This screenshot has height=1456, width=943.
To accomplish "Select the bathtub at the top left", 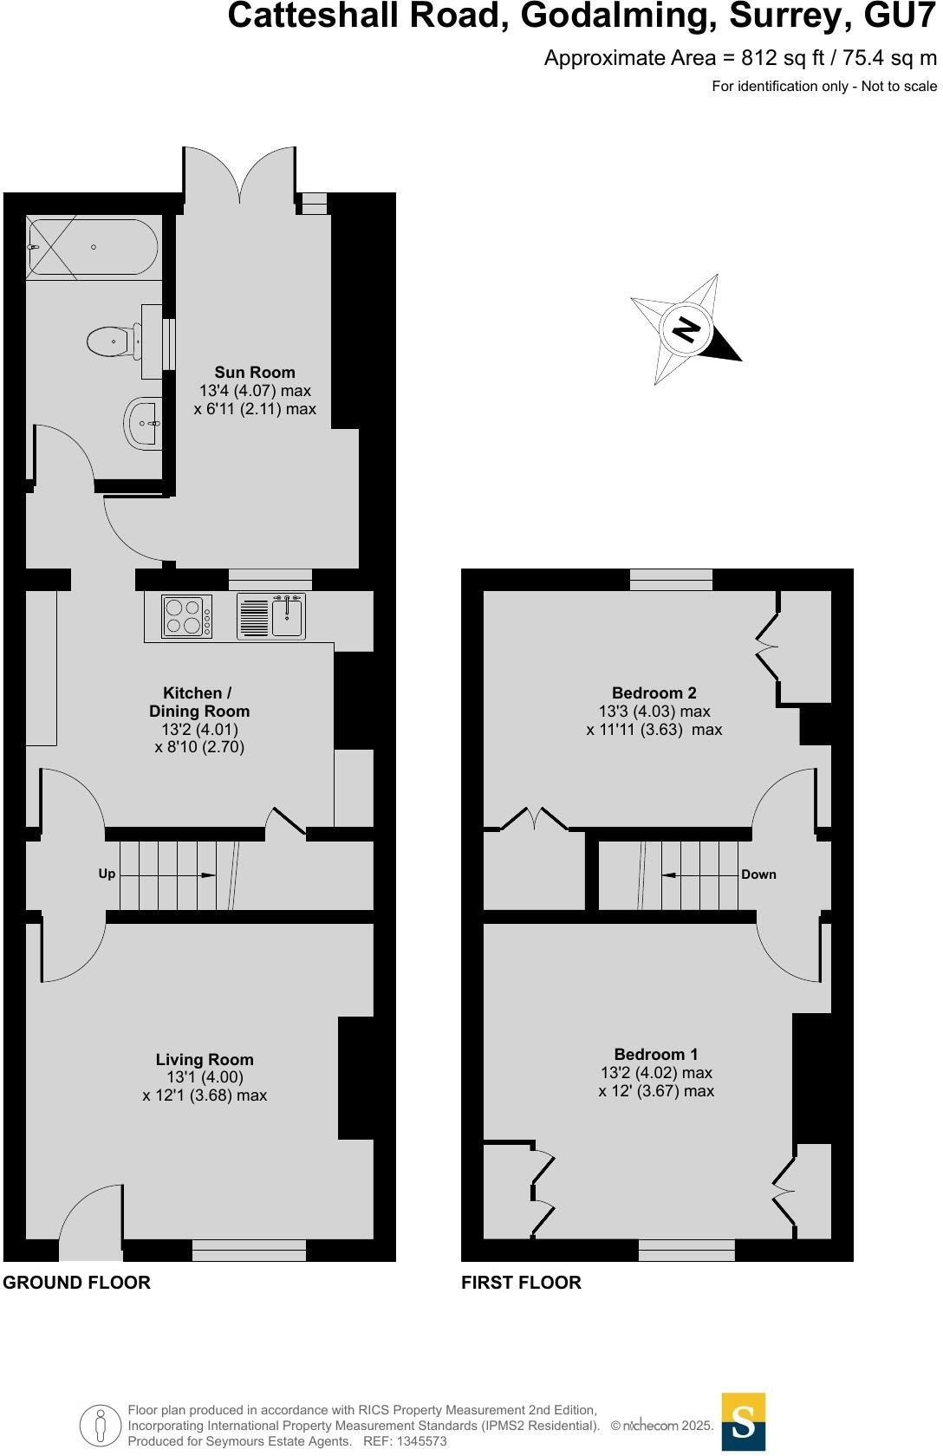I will tap(92, 247).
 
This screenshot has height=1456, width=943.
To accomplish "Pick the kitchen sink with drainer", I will tap(271, 616).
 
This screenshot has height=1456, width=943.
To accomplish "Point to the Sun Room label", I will tap(255, 373).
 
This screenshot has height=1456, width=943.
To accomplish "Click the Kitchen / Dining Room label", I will tap(198, 702).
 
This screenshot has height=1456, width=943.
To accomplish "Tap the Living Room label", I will tap(205, 1059).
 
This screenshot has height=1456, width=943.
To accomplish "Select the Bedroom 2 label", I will tap(654, 692).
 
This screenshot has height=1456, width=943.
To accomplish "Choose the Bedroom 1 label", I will tap(655, 1054).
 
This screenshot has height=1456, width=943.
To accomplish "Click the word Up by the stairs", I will tap(107, 874).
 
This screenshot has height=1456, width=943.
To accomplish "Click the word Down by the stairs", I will tap(758, 874).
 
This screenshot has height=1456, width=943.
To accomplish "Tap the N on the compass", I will tap(686, 329).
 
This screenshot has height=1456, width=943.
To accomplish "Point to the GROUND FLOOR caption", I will tap(76, 1283).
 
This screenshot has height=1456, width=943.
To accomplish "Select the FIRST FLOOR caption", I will tap(521, 1283).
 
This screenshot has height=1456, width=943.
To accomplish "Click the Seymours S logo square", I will tap(744, 1421).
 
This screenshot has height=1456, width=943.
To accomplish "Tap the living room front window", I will tap(249, 1250).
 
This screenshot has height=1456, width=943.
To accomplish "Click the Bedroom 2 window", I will tap(671, 579).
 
